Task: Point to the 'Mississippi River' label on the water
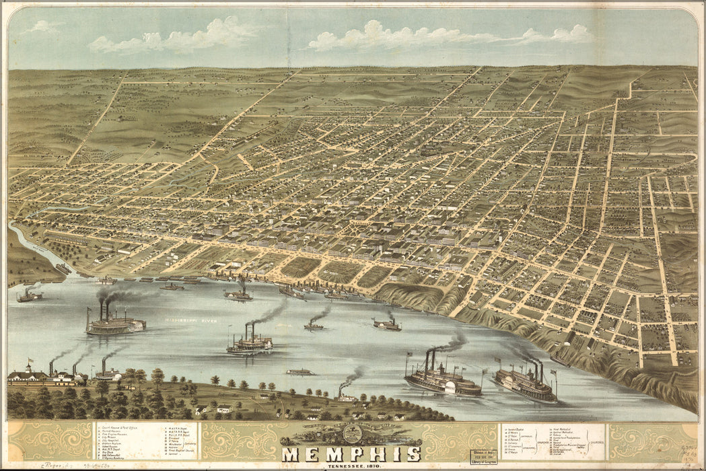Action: coord(190,321)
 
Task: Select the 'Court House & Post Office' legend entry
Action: coord(121,426)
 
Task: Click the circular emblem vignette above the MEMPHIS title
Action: coord(351,433)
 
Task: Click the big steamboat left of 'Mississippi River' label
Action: coord(114,324)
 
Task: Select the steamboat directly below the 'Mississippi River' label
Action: coord(250,344)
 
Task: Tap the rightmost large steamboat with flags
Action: coord(525,384)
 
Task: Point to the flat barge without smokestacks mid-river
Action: coord(299,371)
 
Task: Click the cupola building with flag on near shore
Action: coord(28,373)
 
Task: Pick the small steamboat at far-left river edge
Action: coord(29,295)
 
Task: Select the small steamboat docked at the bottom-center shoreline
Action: coord(346,396)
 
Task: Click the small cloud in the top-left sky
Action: coord(44,27)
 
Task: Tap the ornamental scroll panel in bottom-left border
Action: coord(50,441)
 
